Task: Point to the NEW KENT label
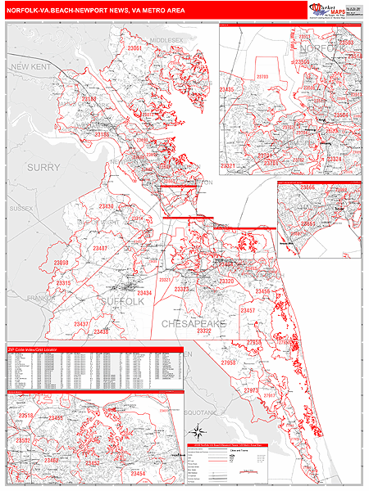coord(30,66)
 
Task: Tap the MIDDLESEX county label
coord(167,39)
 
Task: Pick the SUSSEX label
coord(21,209)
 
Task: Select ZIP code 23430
coord(106,206)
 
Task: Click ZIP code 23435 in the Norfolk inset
coord(226,89)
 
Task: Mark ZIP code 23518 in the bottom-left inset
coord(25,416)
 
